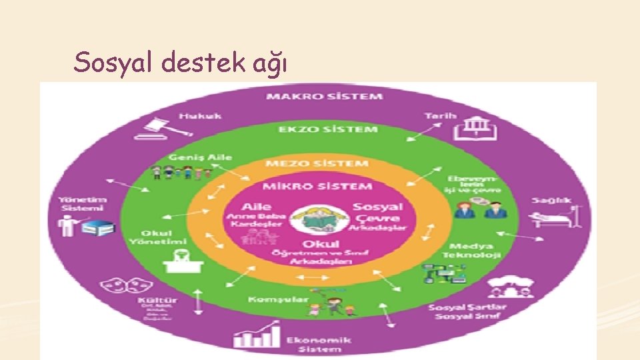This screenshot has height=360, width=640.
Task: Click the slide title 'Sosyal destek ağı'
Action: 181,63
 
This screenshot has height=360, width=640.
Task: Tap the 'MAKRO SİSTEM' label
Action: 325,97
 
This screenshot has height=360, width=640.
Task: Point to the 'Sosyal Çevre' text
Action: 377,213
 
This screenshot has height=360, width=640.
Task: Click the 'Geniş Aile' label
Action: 191,157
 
